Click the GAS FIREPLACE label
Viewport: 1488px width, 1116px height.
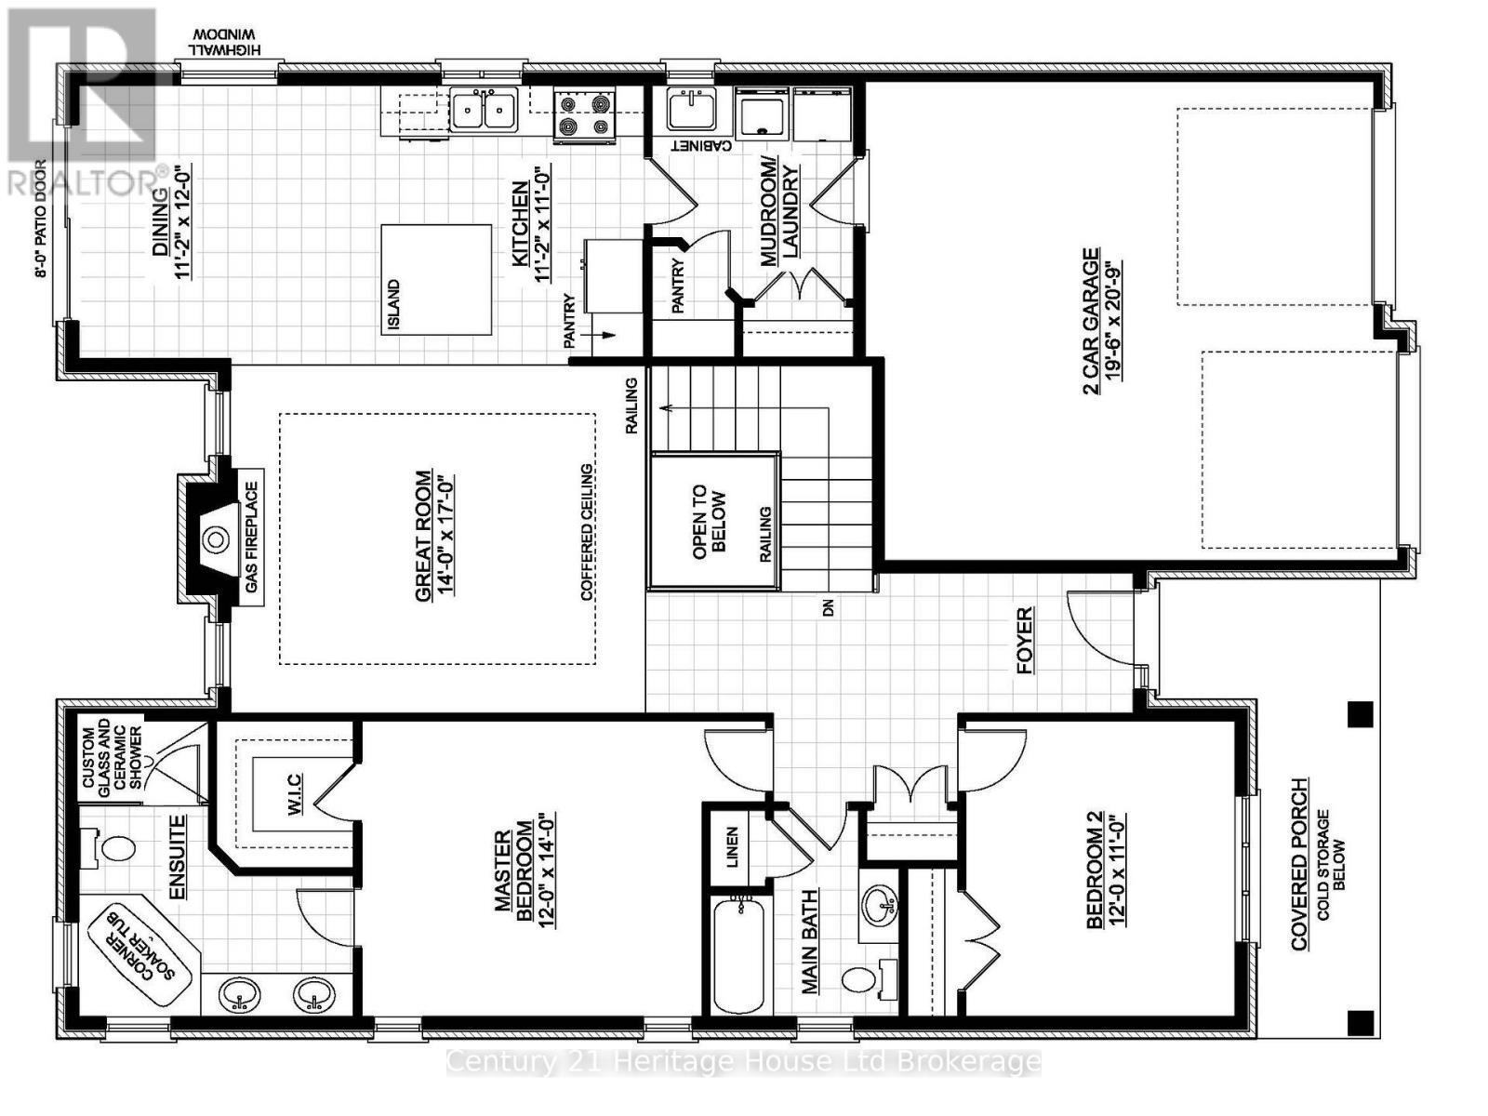click(x=252, y=538)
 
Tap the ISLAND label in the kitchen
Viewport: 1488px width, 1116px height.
click(x=393, y=305)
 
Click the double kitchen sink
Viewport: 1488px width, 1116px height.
click(x=484, y=110)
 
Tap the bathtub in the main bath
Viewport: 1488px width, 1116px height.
click(x=739, y=955)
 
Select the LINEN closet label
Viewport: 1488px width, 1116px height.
click(x=732, y=847)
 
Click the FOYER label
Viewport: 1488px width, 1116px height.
click(x=1024, y=641)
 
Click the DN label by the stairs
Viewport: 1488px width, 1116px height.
click(x=829, y=608)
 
